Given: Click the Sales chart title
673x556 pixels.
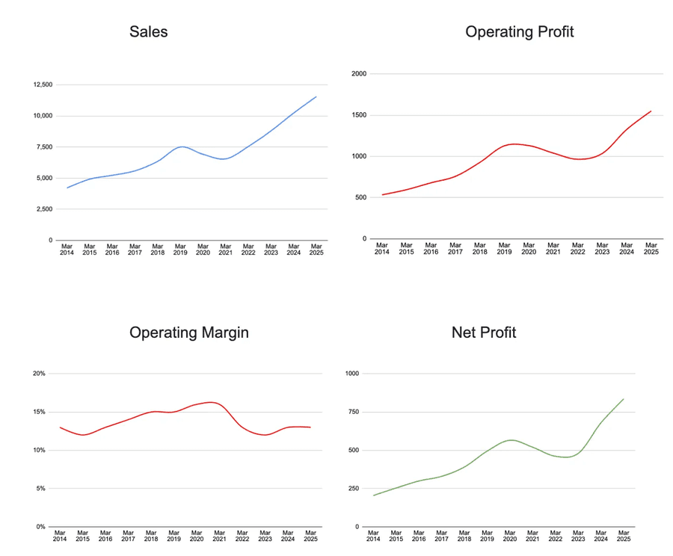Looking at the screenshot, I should (x=148, y=31).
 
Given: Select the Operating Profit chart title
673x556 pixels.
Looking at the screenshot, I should (x=519, y=31).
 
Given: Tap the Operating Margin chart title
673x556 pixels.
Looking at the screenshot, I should (x=189, y=333).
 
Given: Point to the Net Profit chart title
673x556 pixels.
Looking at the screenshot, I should (x=484, y=333).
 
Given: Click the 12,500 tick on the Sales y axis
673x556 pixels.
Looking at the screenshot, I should (x=42, y=84).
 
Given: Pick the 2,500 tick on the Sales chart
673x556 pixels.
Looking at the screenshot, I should (x=43, y=209).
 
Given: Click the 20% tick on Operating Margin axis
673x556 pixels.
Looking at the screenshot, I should (x=40, y=374).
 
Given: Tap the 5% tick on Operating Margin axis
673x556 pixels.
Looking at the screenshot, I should (x=41, y=489).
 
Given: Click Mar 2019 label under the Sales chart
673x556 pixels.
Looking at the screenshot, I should (x=180, y=250).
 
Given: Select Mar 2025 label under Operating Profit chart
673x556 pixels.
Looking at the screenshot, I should (x=651, y=249).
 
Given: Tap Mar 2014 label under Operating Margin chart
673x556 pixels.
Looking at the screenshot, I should (x=60, y=537).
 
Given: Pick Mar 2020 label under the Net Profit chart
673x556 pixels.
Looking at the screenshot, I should (x=510, y=537).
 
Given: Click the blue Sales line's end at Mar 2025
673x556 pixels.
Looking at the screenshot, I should (x=316, y=96).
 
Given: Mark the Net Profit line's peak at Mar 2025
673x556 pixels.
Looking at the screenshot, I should (x=624, y=399).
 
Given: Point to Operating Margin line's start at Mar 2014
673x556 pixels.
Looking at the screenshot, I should (x=60, y=427).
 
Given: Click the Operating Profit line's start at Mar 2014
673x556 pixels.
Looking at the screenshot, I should (x=382, y=195).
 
